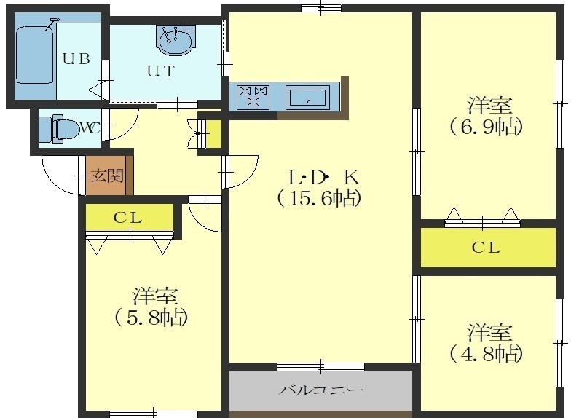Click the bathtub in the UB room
35,55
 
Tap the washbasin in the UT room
176,40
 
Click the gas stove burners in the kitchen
253,96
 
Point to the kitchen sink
307,96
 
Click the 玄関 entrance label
107,176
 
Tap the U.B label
76,58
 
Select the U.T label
161,71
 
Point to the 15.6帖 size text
319,198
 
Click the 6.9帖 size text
486,127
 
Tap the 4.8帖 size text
486,354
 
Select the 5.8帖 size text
151,318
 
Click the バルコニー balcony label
321,390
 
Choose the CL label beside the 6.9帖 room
487,248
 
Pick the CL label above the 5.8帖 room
127,218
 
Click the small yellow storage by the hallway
214,134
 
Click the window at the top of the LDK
320,8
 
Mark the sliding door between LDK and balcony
320,366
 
